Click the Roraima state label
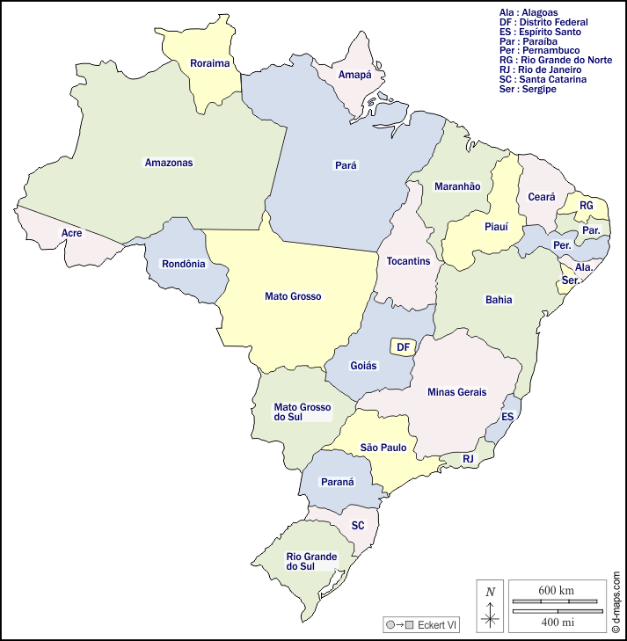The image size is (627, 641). pos(209,63)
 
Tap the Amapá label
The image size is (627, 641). pos(355,75)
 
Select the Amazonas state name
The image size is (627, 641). pos(168,163)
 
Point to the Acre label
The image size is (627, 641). pos(71,233)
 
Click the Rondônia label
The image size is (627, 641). pos(183,264)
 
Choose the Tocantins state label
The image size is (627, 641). pos(408,261)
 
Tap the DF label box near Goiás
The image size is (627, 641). pos(403,347)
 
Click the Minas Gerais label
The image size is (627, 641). pos(456,392)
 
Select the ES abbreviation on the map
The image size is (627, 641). pos(507,417)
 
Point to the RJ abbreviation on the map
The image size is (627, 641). pos(468,459)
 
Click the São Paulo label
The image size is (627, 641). pos(383,448)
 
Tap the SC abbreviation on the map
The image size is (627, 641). pos(358,526)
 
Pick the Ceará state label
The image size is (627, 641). pos(542,198)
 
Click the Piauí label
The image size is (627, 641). pos(496,227)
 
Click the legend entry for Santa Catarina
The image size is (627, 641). pos(542,79)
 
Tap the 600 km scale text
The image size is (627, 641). pos(556,590)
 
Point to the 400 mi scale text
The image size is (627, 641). pos(557,623)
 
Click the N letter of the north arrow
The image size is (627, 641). pos(490,592)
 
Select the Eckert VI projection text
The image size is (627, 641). pos(437,625)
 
